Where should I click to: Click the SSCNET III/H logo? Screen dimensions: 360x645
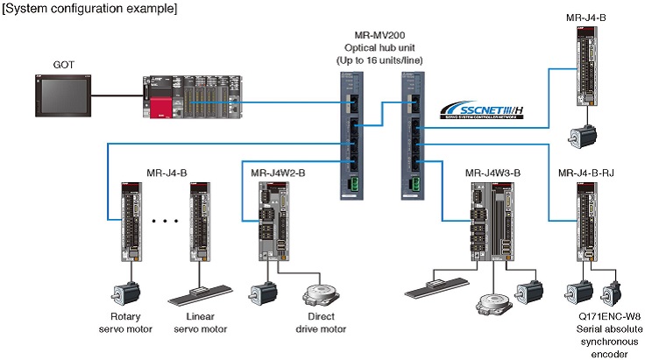483,110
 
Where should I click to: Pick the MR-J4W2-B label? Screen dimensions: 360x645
278,173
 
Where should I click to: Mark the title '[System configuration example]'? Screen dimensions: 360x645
90,9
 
